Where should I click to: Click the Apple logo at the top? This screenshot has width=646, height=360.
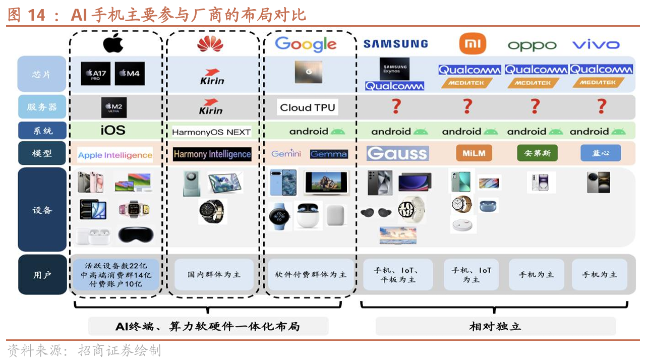(113, 44)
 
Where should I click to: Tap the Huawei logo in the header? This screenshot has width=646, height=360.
(210, 44)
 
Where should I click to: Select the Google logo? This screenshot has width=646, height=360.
(306, 44)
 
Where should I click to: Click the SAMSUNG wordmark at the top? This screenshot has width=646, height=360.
(395, 44)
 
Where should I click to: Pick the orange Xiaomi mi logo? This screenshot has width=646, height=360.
(473, 44)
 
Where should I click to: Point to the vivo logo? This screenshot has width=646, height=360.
(596, 44)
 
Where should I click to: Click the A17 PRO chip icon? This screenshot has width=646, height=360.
(96, 74)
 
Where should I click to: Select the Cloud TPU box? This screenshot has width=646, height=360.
(307, 107)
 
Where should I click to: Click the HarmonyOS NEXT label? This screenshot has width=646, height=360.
(211, 132)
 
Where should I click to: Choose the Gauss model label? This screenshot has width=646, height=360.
(397, 153)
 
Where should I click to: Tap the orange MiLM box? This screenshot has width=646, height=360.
(474, 153)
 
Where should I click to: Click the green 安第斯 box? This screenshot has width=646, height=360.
(537, 153)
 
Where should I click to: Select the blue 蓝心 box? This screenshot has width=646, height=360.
(600, 153)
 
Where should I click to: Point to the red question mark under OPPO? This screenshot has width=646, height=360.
(535, 106)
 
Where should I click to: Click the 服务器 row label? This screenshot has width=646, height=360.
(42, 107)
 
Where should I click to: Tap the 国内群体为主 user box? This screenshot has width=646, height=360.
(214, 275)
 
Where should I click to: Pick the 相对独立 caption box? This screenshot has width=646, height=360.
(495, 326)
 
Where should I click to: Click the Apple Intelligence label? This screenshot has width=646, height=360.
(115, 155)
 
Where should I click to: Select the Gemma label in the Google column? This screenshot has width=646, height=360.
(329, 154)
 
